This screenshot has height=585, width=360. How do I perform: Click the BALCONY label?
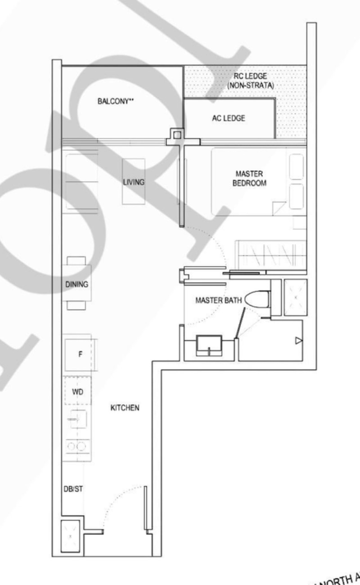[x=116, y=101]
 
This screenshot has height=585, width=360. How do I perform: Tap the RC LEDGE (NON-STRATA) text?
[x=250, y=80]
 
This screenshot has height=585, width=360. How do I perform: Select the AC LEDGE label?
[x=229, y=118]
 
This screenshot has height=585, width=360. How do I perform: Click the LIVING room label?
[x=134, y=182]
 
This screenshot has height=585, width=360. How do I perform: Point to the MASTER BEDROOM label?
[x=249, y=178]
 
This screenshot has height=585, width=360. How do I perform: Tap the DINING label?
[x=76, y=284]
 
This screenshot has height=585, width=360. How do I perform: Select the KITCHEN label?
[x=125, y=408]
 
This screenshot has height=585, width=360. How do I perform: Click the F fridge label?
[x=80, y=354]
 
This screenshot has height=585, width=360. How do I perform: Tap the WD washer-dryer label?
[x=77, y=392]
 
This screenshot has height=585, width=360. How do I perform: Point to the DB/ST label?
[x=73, y=490]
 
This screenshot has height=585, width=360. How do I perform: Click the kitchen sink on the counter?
[x=77, y=419]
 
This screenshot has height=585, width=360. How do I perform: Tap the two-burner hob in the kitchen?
[x=76, y=446]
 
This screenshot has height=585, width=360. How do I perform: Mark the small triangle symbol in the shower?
[x=298, y=341]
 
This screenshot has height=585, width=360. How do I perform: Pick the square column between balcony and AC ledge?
[x=177, y=134]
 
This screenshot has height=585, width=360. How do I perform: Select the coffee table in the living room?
[x=134, y=181]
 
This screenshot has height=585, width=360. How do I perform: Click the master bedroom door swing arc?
[x=215, y=243]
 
